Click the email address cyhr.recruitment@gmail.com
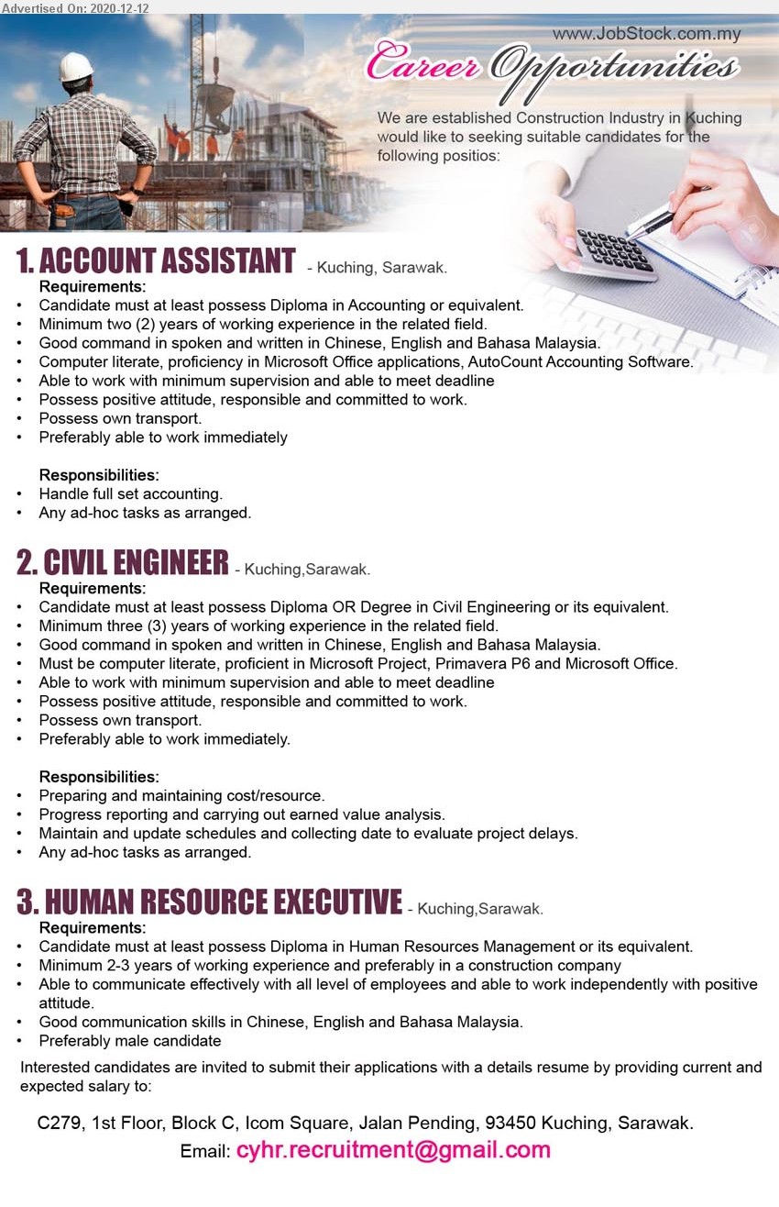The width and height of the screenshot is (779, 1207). (393, 1150)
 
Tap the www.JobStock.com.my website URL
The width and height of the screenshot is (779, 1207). (646, 35)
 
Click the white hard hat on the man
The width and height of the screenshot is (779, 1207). (76, 66)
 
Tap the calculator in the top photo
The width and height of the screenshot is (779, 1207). (613, 252)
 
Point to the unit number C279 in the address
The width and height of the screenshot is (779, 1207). (59, 1123)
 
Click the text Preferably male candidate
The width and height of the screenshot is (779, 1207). (129, 1040)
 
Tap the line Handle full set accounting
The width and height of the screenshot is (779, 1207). (130, 494)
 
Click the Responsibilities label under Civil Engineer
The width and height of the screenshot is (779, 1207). (99, 777)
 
